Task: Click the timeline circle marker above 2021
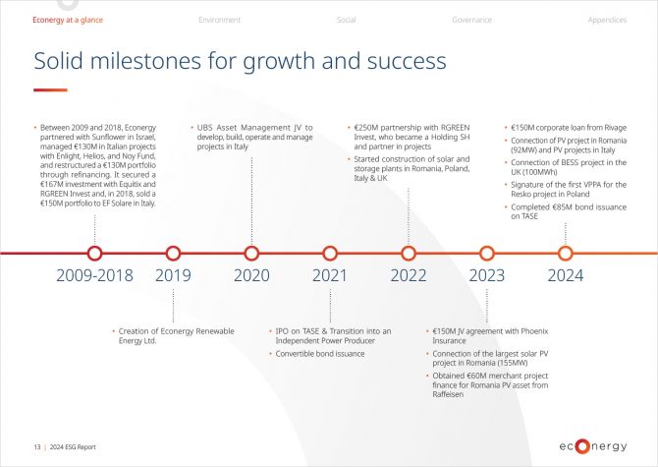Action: pos(330,247)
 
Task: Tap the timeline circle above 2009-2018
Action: pos(95,247)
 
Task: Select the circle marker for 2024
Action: pos(566,247)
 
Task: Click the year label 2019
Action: pos(173,275)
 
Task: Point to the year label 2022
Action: pos(409,275)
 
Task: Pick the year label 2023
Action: pos(487,275)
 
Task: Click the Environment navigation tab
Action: pos(219,20)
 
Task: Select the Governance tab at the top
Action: pos(471,20)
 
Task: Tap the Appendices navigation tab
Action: pos(607,20)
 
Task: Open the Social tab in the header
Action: pos(347,20)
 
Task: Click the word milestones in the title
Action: pos(145,61)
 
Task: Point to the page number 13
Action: pos(37,447)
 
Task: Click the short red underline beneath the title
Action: pos(50,89)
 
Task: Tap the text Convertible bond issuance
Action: pos(320,354)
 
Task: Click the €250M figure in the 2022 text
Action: pos(366,128)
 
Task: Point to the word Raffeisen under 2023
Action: pos(448,394)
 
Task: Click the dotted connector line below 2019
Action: pos(173,306)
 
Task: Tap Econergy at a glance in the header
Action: pos(68,20)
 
